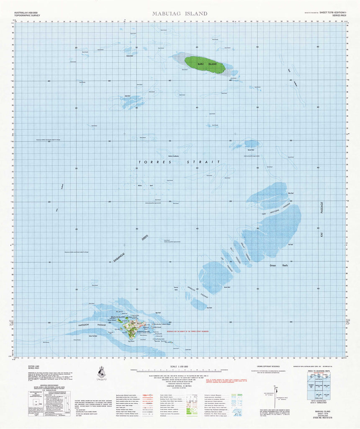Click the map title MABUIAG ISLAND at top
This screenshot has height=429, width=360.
180,13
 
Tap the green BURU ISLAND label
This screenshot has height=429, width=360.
207,64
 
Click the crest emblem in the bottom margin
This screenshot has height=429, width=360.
101,372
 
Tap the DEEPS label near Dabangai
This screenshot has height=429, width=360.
145,238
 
